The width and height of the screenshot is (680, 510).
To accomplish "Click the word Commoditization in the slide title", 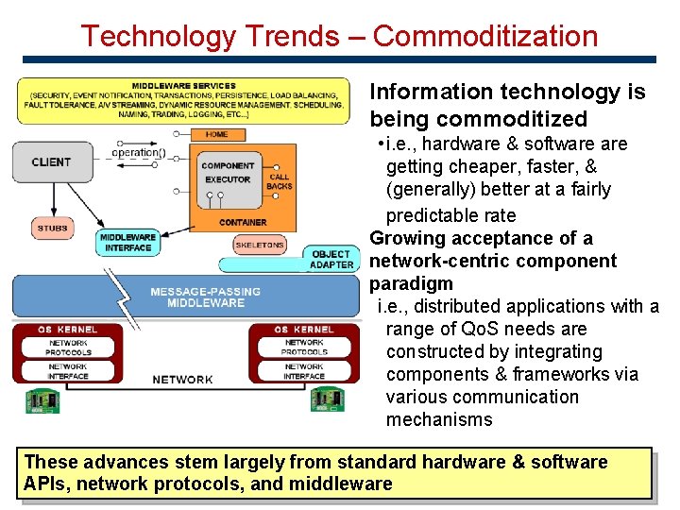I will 485,36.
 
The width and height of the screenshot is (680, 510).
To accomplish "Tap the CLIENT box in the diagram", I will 51,162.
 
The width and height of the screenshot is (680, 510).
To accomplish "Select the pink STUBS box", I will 52,228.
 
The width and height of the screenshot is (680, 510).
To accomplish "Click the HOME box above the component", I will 216,134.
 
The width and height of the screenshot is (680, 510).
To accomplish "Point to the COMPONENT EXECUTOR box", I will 228,173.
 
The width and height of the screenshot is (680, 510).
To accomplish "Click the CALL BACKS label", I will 280,181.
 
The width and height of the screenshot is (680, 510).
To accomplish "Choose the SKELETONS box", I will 259,245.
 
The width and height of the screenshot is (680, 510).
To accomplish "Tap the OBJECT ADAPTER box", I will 331,260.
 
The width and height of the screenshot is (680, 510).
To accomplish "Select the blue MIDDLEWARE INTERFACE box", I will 127,243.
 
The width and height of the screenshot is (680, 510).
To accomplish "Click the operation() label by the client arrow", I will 138,153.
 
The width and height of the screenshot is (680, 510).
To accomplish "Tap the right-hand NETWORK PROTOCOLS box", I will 304,348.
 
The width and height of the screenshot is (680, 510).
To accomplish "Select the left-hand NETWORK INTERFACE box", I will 68,372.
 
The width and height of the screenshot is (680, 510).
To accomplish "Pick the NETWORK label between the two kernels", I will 182,380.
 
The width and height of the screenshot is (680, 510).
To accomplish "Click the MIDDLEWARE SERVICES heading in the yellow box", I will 184,86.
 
